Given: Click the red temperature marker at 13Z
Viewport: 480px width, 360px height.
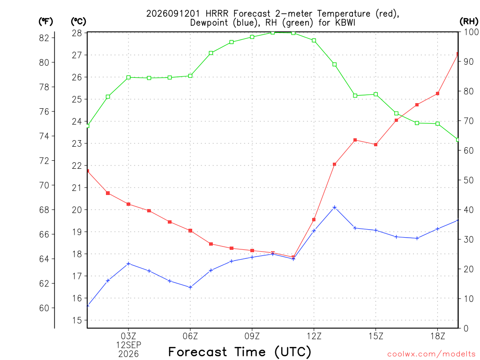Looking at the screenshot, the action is click(x=335, y=165).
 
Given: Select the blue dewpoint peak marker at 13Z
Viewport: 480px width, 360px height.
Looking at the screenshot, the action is click(x=335, y=207).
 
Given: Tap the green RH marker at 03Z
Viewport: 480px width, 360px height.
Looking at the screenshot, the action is click(x=128, y=77).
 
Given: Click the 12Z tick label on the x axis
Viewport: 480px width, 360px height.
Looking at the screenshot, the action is click(x=314, y=336).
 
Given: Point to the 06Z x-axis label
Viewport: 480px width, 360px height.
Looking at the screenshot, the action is click(x=190, y=336).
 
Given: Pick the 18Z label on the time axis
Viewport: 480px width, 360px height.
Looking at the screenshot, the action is click(x=438, y=336).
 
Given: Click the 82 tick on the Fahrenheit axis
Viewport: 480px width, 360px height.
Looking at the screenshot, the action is click(x=44, y=38).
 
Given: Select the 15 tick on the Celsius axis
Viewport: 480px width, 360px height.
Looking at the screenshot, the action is click(x=77, y=321).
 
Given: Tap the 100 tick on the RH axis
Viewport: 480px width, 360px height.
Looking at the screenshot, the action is click(x=471, y=32).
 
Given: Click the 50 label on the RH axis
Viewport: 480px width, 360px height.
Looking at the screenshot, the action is click(x=469, y=180).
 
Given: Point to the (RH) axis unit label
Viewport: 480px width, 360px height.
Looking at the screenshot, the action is click(x=469, y=22).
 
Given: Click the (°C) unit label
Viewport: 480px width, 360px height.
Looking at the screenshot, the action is click(x=78, y=22).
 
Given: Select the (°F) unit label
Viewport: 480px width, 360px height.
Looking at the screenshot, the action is click(x=45, y=22).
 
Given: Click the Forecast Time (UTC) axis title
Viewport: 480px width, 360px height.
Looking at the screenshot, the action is click(x=240, y=352).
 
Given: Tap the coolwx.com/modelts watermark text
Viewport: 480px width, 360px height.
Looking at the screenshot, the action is click(x=431, y=354).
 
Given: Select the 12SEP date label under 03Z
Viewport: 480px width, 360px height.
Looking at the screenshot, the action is click(x=128, y=345).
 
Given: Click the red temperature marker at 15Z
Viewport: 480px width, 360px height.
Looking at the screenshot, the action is click(x=376, y=144).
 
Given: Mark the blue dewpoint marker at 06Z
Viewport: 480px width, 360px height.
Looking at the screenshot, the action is click(x=190, y=287).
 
